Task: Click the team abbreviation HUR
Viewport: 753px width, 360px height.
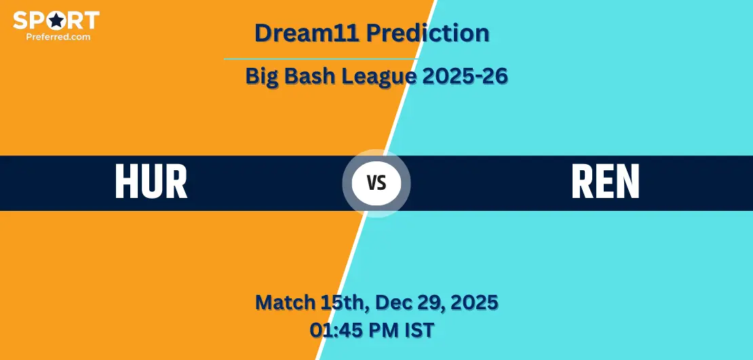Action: pyautogui.click(x=151, y=182)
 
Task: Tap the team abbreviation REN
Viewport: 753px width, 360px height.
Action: pyautogui.click(x=605, y=182)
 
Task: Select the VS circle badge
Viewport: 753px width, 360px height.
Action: pyautogui.click(x=376, y=183)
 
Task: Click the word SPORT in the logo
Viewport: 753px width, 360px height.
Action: pyautogui.click(x=56, y=20)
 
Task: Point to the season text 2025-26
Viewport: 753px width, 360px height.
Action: pyautogui.click(x=465, y=77)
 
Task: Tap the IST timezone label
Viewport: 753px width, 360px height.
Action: pyautogui.click(x=418, y=330)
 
